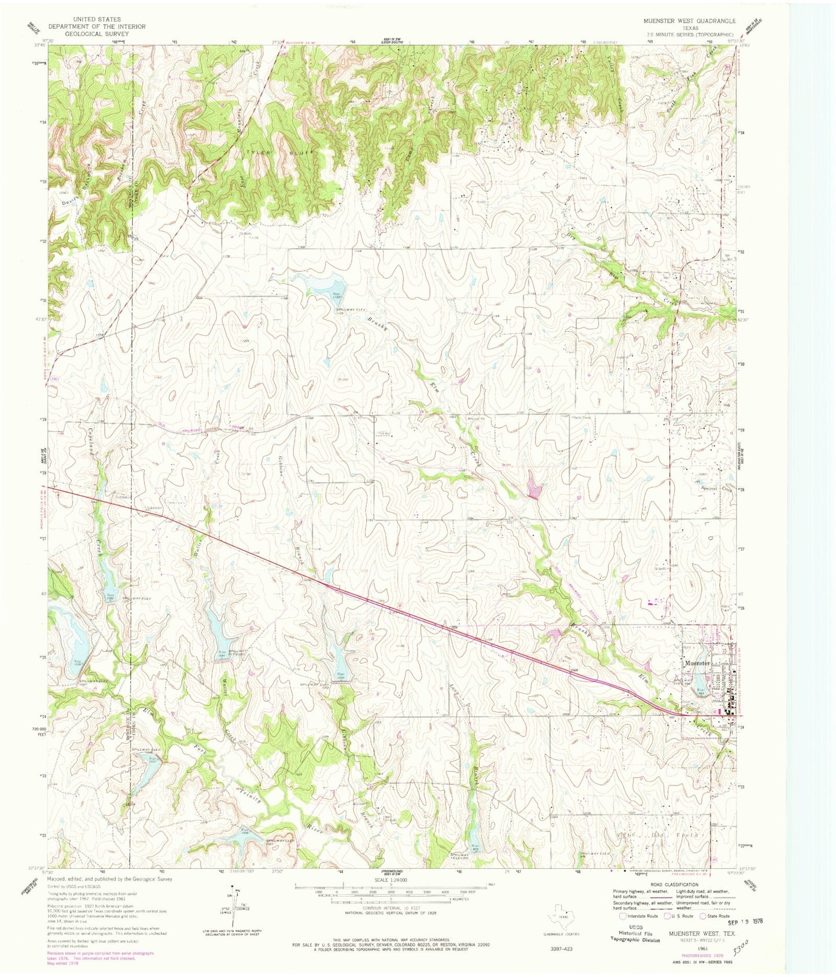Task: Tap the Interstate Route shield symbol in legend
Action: coord(623,916)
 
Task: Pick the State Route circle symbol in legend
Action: coord(702,916)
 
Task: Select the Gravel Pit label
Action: coord(476,418)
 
